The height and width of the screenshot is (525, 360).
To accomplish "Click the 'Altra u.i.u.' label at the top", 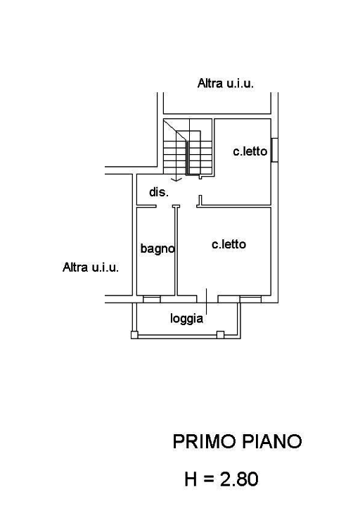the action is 225,83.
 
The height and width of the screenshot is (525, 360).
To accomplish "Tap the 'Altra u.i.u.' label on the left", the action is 90,267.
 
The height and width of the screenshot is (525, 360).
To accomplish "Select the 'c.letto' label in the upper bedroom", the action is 250,151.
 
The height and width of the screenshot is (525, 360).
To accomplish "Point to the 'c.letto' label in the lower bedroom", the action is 229,244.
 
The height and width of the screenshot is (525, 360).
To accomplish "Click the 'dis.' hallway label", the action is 159,192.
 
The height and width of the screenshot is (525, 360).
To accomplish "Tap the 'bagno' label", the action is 157,248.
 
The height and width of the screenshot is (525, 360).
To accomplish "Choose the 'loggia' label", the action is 187,318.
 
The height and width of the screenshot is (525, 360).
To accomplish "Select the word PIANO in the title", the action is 271,441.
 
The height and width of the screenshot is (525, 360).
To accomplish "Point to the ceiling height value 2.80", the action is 239,479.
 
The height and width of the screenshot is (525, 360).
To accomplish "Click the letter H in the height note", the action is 191,479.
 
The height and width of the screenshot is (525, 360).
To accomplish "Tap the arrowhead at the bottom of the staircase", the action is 176,179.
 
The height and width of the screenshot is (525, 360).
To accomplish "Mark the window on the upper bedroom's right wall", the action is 274,150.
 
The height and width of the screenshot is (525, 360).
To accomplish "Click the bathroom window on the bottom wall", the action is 152,299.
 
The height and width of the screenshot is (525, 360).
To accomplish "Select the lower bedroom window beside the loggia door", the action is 250,299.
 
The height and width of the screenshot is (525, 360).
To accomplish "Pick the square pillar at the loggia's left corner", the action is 134,334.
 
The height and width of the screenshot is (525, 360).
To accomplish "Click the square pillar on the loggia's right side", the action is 220,334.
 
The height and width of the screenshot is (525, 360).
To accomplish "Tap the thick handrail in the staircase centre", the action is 187,158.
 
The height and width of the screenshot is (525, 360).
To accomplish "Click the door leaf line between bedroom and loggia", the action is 207,301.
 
